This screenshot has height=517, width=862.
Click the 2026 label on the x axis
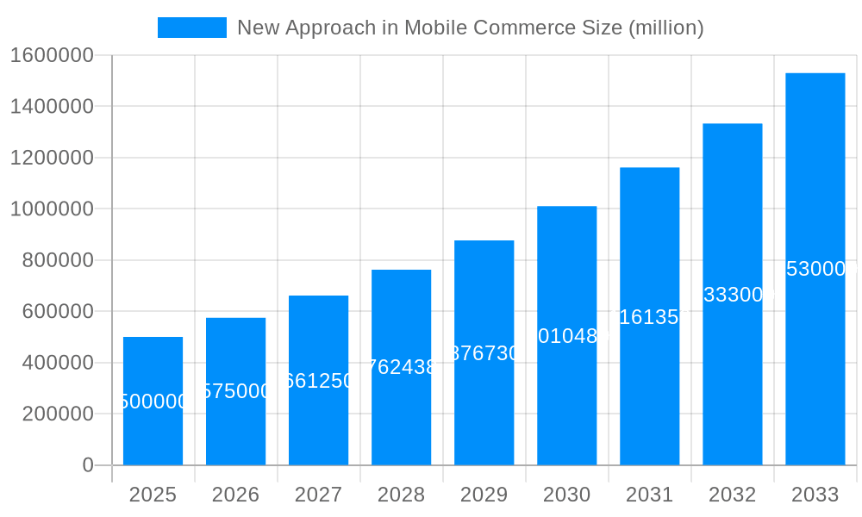[235, 495]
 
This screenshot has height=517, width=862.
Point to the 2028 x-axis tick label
[401, 495]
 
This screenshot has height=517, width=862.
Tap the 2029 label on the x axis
[484, 495]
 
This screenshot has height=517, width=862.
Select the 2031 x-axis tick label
[649, 495]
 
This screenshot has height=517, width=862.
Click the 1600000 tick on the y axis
[52, 55]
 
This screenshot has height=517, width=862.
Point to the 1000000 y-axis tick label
[52, 209]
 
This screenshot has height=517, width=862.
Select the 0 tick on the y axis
[87, 465]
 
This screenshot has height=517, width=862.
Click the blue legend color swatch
[191, 28]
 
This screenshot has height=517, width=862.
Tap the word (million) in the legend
[665, 28]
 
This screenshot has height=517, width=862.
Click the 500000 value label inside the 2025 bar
[153, 402]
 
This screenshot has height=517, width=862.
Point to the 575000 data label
[235, 391]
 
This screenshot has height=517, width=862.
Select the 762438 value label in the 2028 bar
[401, 367]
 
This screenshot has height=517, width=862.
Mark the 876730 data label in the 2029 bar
[484, 353]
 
